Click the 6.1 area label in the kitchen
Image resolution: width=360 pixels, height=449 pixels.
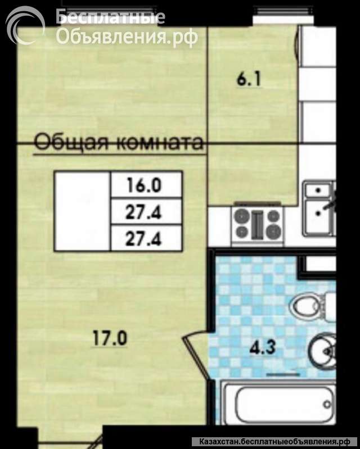[249, 80]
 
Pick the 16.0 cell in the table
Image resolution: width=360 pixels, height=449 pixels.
[146, 184]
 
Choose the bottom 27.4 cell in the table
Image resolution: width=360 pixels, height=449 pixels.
[146, 239]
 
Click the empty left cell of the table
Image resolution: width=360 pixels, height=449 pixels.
[82, 211]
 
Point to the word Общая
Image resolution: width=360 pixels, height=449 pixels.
[71, 142]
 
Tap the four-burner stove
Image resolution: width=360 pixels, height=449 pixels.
[256, 223]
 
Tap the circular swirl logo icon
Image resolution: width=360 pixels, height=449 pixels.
[25, 25]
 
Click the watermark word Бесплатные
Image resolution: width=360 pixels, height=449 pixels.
[111, 17]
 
